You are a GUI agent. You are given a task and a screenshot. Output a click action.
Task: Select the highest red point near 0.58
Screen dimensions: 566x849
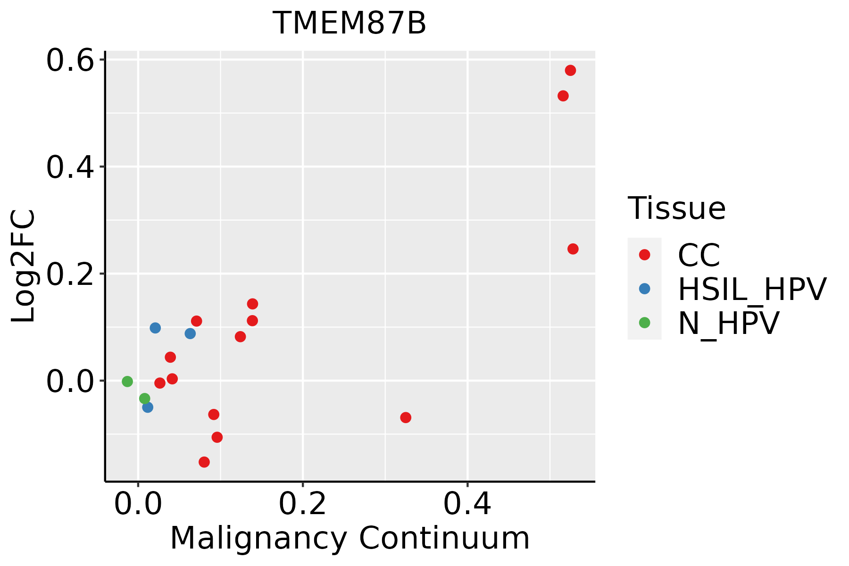point(570,71)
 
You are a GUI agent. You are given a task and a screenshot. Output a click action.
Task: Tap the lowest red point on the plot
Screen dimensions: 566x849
point(204,462)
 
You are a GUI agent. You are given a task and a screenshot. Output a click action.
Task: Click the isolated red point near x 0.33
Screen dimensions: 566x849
point(406,417)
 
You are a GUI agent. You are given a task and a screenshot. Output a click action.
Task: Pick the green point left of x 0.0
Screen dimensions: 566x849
point(127,381)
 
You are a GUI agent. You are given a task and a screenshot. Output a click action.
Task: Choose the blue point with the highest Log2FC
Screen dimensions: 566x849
point(155,328)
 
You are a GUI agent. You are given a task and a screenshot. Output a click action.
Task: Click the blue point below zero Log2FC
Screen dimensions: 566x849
point(148,407)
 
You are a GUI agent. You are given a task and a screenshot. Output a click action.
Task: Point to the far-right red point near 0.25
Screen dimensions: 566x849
point(573,249)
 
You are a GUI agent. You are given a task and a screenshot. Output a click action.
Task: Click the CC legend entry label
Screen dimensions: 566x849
point(699,256)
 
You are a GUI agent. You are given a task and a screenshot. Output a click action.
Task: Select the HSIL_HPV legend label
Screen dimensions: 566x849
point(752,290)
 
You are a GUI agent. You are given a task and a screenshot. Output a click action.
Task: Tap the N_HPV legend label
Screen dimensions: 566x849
point(728,324)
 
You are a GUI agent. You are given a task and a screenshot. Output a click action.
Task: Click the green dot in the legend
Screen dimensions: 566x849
point(644,323)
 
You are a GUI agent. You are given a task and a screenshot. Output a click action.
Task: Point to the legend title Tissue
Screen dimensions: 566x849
point(676,208)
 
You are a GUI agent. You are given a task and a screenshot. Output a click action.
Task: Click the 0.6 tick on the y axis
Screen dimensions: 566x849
point(70,61)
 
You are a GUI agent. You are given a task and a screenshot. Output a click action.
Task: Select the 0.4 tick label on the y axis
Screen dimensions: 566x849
point(70,167)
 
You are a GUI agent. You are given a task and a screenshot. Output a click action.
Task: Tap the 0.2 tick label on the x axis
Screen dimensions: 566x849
point(302,505)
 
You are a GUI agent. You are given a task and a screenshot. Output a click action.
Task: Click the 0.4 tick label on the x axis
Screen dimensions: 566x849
point(467,505)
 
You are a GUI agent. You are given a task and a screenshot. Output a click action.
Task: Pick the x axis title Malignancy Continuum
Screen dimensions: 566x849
point(350,539)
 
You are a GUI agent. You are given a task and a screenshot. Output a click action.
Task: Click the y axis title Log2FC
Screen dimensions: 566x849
point(24,266)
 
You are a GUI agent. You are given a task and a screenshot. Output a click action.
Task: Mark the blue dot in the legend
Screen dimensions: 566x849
point(644,289)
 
